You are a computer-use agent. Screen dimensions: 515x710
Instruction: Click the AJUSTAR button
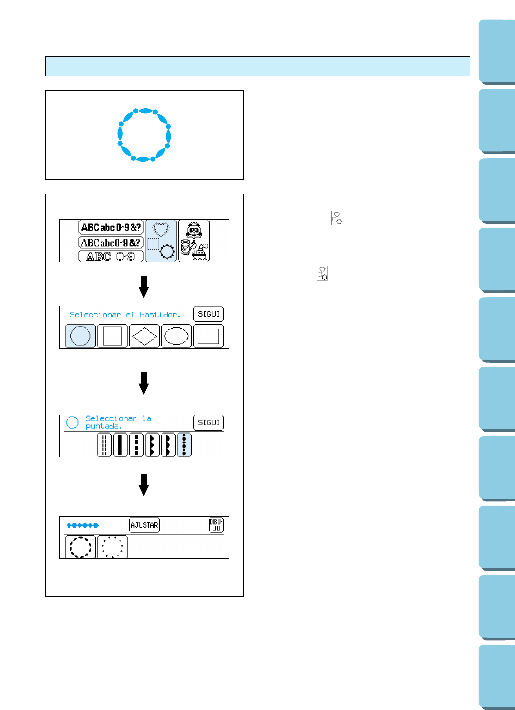pyautogui.click(x=144, y=525)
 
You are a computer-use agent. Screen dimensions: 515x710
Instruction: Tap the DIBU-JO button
pyautogui.click(x=216, y=525)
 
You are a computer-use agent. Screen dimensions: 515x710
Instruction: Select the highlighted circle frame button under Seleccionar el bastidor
pyautogui.click(x=80, y=336)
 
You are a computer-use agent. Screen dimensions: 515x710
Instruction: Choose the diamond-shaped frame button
pyautogui.click(x=144, y=336)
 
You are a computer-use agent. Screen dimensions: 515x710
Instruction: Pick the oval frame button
pyautogui.click(x=176, y=336)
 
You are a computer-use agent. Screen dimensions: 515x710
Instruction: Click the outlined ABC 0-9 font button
pyautogui.click(x=111, y=256)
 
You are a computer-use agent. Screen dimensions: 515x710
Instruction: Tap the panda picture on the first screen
pyautogui.click(x=194, y=231)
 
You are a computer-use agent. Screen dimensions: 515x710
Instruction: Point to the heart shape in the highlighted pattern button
pyautogui.click(x=161, y=229)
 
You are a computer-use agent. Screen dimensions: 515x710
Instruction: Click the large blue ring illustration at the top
pyautogui.click(x=144, y=135)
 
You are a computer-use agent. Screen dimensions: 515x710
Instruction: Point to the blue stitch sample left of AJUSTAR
pyautogui.click(x=83, y=525)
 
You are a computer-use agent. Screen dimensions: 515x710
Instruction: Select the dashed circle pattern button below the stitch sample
pyautogui.click(x=80, y=547)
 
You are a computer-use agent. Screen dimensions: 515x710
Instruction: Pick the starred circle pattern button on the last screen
pyautogui.click(x=112, y=547)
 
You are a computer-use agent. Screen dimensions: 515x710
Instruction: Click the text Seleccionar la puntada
pyautogui.click(x=118, y=422)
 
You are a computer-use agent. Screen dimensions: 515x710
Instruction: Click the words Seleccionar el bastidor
pyautogui.click(x=125, y=315)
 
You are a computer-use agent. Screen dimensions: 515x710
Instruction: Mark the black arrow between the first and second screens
pyautogui.click(x=144, y=286)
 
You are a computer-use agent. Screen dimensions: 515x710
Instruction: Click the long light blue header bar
pyautogui.click(x=257, y=66)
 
